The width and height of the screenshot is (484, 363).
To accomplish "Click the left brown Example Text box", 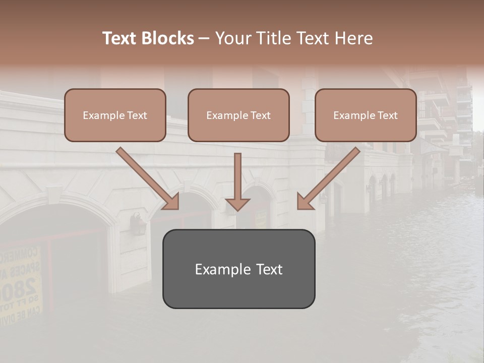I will [115, 115].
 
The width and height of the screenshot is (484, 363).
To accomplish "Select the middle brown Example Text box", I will [238, 115].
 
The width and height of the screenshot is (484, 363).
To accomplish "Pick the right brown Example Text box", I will [366, 115].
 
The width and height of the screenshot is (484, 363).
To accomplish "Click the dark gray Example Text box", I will [238, 269].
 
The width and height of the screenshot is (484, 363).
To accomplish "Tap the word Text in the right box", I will [387, 115].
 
